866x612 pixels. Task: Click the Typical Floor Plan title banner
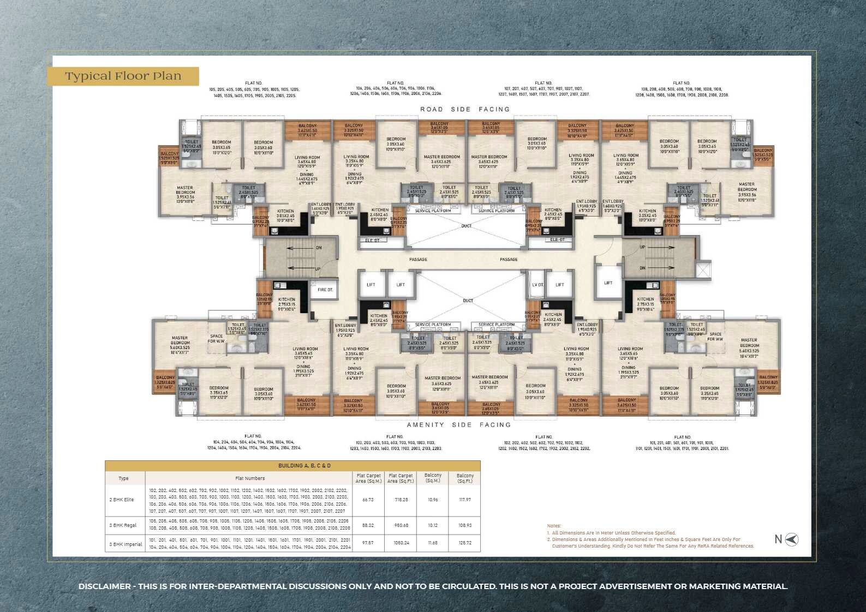[x=123, y=76]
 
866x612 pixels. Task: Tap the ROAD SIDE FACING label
[x=465, y=109]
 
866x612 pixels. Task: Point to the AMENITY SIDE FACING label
[x=459, y=424]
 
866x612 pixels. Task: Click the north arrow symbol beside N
[x=792, y=539]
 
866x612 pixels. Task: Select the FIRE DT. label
[x=325, y=290]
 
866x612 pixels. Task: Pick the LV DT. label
[x=537, y=285]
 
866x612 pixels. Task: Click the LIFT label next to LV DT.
[x=560, y=285]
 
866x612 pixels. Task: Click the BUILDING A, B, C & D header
[x=304, y=466]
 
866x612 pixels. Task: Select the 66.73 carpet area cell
[x=368, y=500]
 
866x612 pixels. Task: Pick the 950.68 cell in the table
[x=401, y=525]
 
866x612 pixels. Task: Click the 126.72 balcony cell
[x=465, y=543]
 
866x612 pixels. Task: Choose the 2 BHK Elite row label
[x=122, y=500]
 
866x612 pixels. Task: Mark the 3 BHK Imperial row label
[x=126, y=544]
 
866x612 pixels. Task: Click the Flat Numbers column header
[x=250, y=478]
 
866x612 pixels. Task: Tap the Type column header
[x=124, y=478]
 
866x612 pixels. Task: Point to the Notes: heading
[x=554, y=526]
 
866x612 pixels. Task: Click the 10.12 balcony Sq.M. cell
[x=433, y=525]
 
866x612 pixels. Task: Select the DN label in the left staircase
[x=319, y=248]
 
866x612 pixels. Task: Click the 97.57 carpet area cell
[x=368, y=543]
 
